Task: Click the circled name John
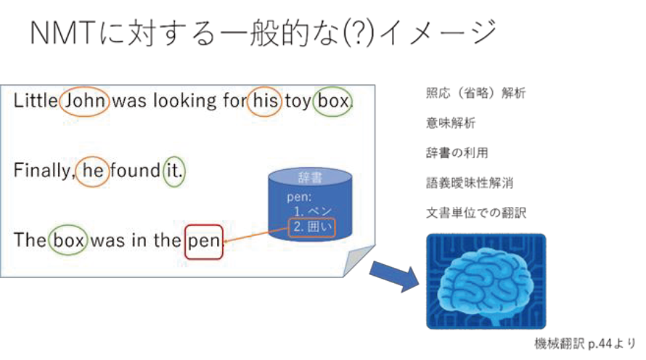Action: pos(85,101)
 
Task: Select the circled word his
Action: pos(265,101)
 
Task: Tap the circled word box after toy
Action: pos(333,101)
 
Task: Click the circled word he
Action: pos(93,171)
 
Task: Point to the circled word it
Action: pos(174,171)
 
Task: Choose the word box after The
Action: pos(68,240)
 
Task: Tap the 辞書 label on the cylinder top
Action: pos(310,178)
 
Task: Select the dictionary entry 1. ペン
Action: pos(312,211)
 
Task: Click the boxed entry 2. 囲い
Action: pos(312,227)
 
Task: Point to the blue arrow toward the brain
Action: pos(394,276)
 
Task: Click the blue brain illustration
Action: pos(486,282)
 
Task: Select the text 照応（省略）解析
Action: pos(475,93)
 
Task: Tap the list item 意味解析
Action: pos(451,123)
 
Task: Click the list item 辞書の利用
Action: pos(457,153)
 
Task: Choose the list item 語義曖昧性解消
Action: pos(470,183)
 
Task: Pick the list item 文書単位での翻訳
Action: pos(476,213)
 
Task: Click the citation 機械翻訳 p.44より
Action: pos(585,343)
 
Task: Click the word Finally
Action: pos(43,171)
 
